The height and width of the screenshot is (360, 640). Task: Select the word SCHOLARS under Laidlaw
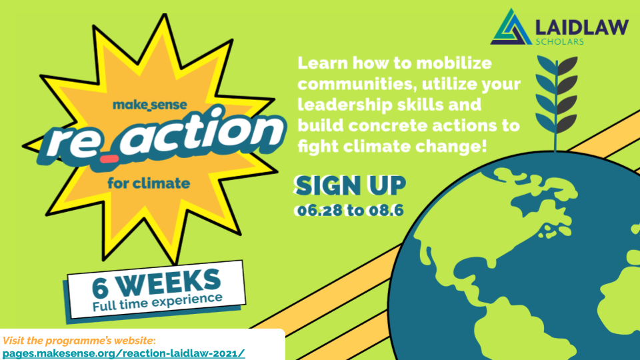(560, 41)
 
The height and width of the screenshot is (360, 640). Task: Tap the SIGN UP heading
(351, 186)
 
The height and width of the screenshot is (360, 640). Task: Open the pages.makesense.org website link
(124, 351)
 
